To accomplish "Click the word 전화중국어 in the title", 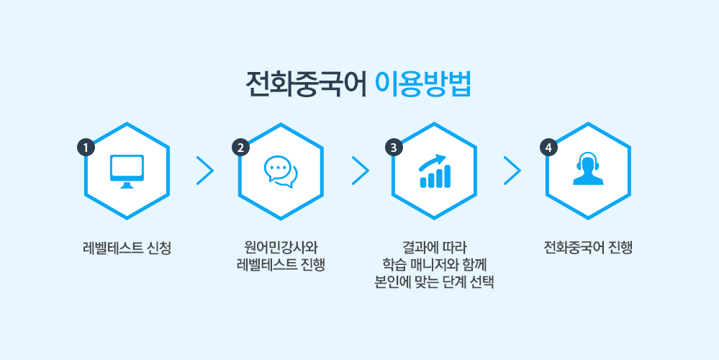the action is click(306, 84).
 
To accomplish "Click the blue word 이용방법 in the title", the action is click(422, 84).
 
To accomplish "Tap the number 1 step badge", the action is click(86, 148).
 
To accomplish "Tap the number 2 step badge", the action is click(240, 148).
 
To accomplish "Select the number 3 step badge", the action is click(394, 148).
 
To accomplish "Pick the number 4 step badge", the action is click(548, 148).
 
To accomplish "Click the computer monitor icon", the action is click(127, 171).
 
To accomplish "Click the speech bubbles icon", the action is click(281, 171).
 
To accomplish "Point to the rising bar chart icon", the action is click(435, 171).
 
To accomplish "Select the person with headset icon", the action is click(588, 168).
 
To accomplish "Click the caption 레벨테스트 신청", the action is click(127, 248).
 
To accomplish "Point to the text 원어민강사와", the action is click(281, 248).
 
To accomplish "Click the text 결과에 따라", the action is click(434, 248).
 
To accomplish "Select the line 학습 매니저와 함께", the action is click(434, 265).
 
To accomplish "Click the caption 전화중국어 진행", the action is click(588, 248).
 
